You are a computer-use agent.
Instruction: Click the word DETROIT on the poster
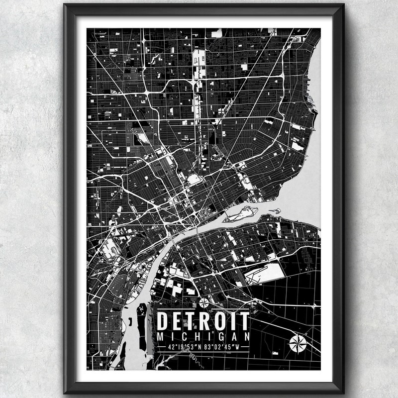pos(203,321)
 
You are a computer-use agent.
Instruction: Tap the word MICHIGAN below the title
pos(203,337)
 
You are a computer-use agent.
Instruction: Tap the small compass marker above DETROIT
pos(203,302)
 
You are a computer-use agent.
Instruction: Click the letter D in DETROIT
pos(163,321)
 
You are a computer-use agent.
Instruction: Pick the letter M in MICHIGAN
pos(160,337)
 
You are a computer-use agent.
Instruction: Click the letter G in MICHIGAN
pos(220,337)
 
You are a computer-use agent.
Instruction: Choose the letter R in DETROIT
pos(206,321)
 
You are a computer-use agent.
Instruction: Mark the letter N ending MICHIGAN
pos(246,337)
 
